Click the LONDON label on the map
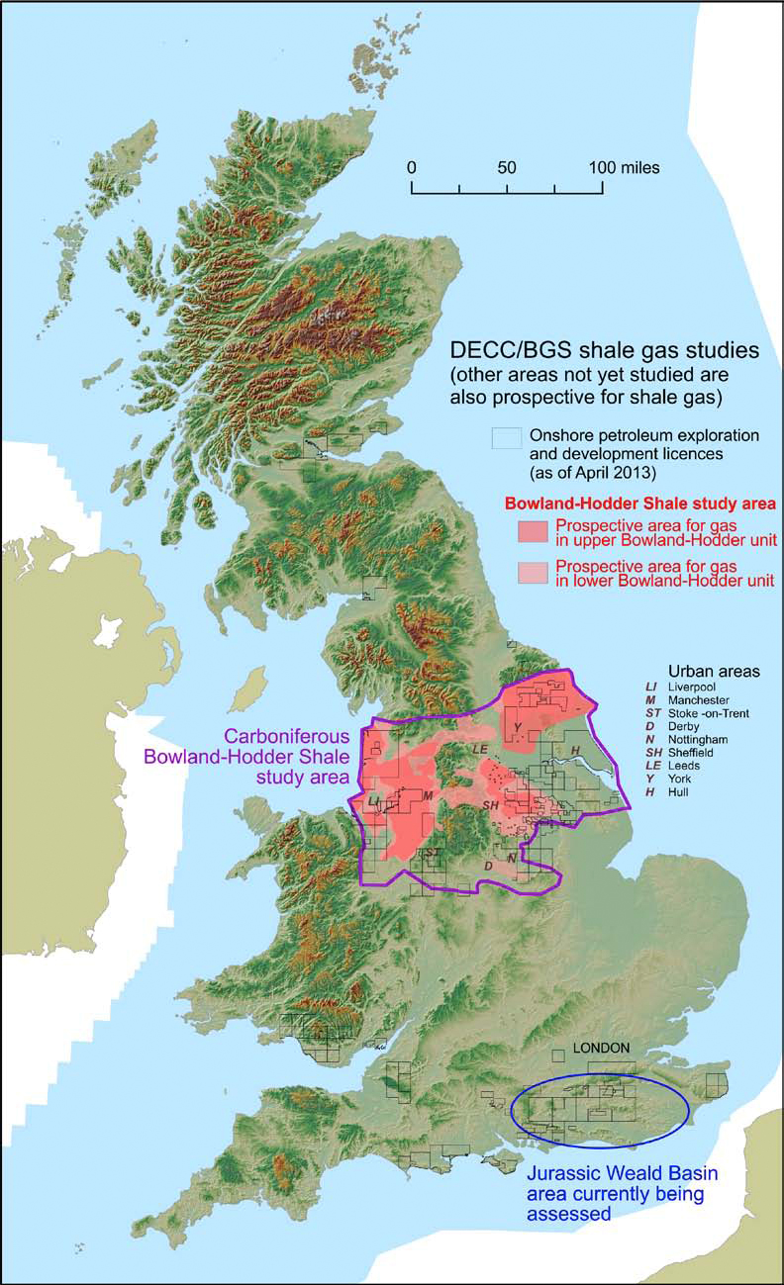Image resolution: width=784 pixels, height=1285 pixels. pos(602,1049)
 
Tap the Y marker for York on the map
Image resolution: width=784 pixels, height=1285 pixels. pos(517,728)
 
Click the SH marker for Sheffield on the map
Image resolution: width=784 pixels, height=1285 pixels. pos(489,806)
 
